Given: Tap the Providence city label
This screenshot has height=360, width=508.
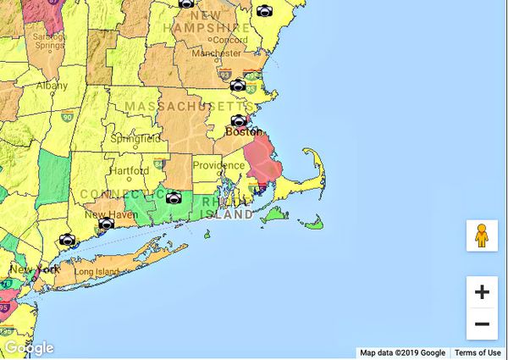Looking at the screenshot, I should pos(218,165).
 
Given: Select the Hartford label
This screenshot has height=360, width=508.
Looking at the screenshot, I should pos(129,170).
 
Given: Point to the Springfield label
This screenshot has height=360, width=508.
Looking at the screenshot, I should pos(135,138).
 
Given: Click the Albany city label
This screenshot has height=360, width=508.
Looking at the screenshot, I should pos(52,86).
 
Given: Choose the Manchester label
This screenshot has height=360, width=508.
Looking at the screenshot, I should pos(217,53).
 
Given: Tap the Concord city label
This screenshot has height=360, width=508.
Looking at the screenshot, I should pos(230,40).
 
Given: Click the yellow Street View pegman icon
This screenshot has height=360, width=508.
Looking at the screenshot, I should pos(482,235).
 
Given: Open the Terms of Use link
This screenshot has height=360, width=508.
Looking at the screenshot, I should pos(478,353).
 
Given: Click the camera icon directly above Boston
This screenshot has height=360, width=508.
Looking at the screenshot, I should pos(239,120).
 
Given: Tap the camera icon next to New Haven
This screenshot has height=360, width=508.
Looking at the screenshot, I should pos(106,224).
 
